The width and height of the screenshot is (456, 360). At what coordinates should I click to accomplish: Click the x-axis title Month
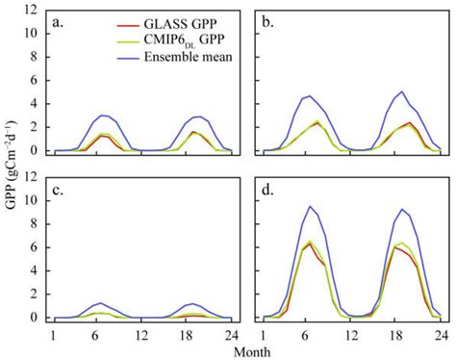click(248, 351)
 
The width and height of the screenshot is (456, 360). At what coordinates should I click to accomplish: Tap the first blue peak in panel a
click(102, 115)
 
